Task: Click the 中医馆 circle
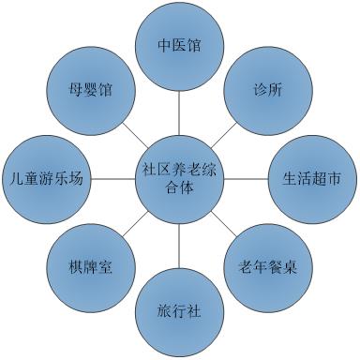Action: coord(179,45)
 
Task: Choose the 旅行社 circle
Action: coord(178,307)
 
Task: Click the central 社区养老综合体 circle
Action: coord(178,177)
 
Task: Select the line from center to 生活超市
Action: coord(243,177)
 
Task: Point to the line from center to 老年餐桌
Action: coord(224,224)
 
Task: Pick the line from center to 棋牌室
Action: coord(133,223)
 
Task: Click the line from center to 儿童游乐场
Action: coord(113,177)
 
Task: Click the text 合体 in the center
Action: coord(178,187)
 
